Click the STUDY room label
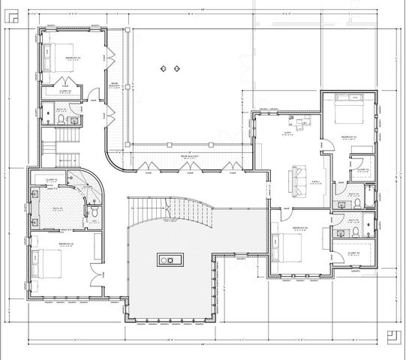point(287,132)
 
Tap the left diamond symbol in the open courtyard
point(161,68)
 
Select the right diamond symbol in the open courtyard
point(176,68)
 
